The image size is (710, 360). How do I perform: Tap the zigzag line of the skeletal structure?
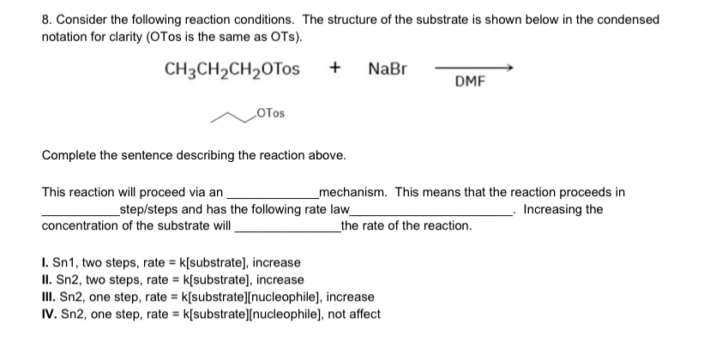[x=233, y=119]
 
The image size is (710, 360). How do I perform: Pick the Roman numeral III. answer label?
[x=48, y=297]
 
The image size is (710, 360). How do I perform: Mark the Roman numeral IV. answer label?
[x=49, y=314]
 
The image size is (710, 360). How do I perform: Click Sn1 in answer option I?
[x=64, y=263]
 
